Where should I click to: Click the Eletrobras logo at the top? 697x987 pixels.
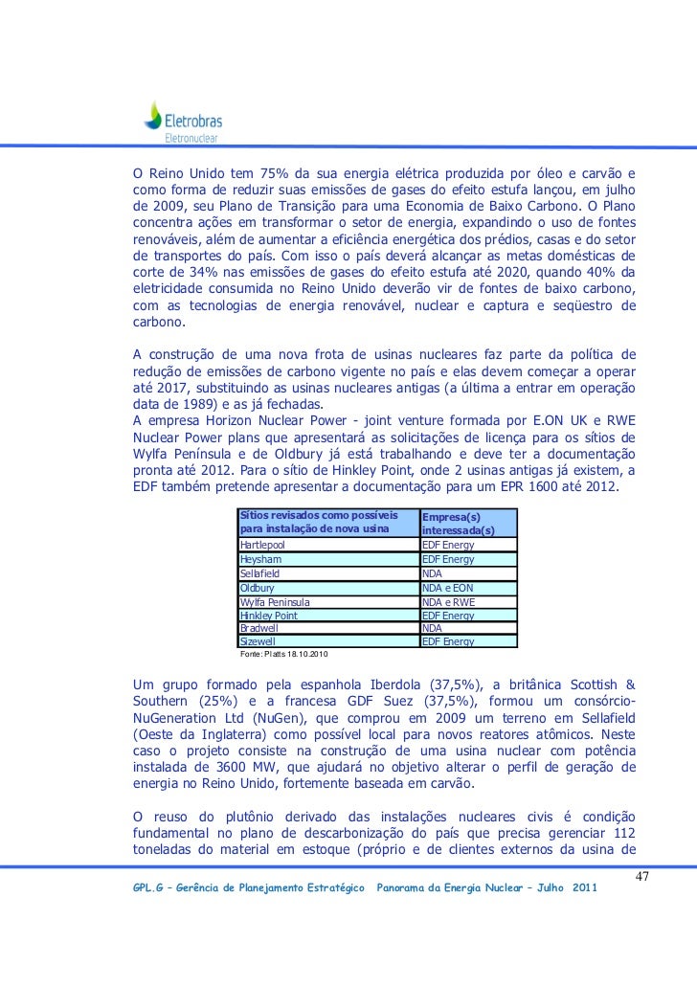click(x=183, y=121)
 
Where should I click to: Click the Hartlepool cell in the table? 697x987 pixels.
click(x=262, y=545)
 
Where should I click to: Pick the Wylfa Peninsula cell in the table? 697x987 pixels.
click(x=276, y=602)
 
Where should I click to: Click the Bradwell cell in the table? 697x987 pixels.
click(x=258, y=628)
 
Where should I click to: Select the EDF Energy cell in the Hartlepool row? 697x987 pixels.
click(x=448, y=545)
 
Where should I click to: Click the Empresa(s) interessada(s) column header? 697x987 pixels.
click(x=459, y=523)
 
